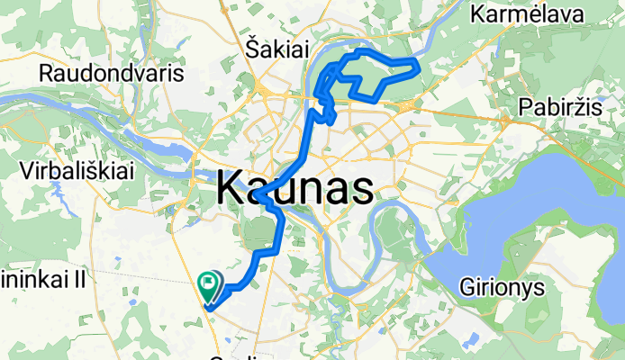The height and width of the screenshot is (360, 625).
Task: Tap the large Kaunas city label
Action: [295, 190]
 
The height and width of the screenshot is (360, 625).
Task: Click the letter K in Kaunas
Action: [231, 190]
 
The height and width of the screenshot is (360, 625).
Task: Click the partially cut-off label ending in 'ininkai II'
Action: [42, 280]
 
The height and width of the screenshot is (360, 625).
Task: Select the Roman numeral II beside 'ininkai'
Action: [78, 280]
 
